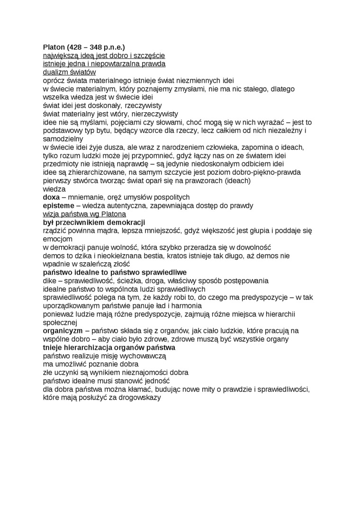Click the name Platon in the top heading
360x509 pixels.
(x=54, y=47)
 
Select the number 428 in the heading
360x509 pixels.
(x=77, y=47)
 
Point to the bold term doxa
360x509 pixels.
(x=51, y=197)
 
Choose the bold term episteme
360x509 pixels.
(x=59, y=205)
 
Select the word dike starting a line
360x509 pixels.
(x=50, y=280)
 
